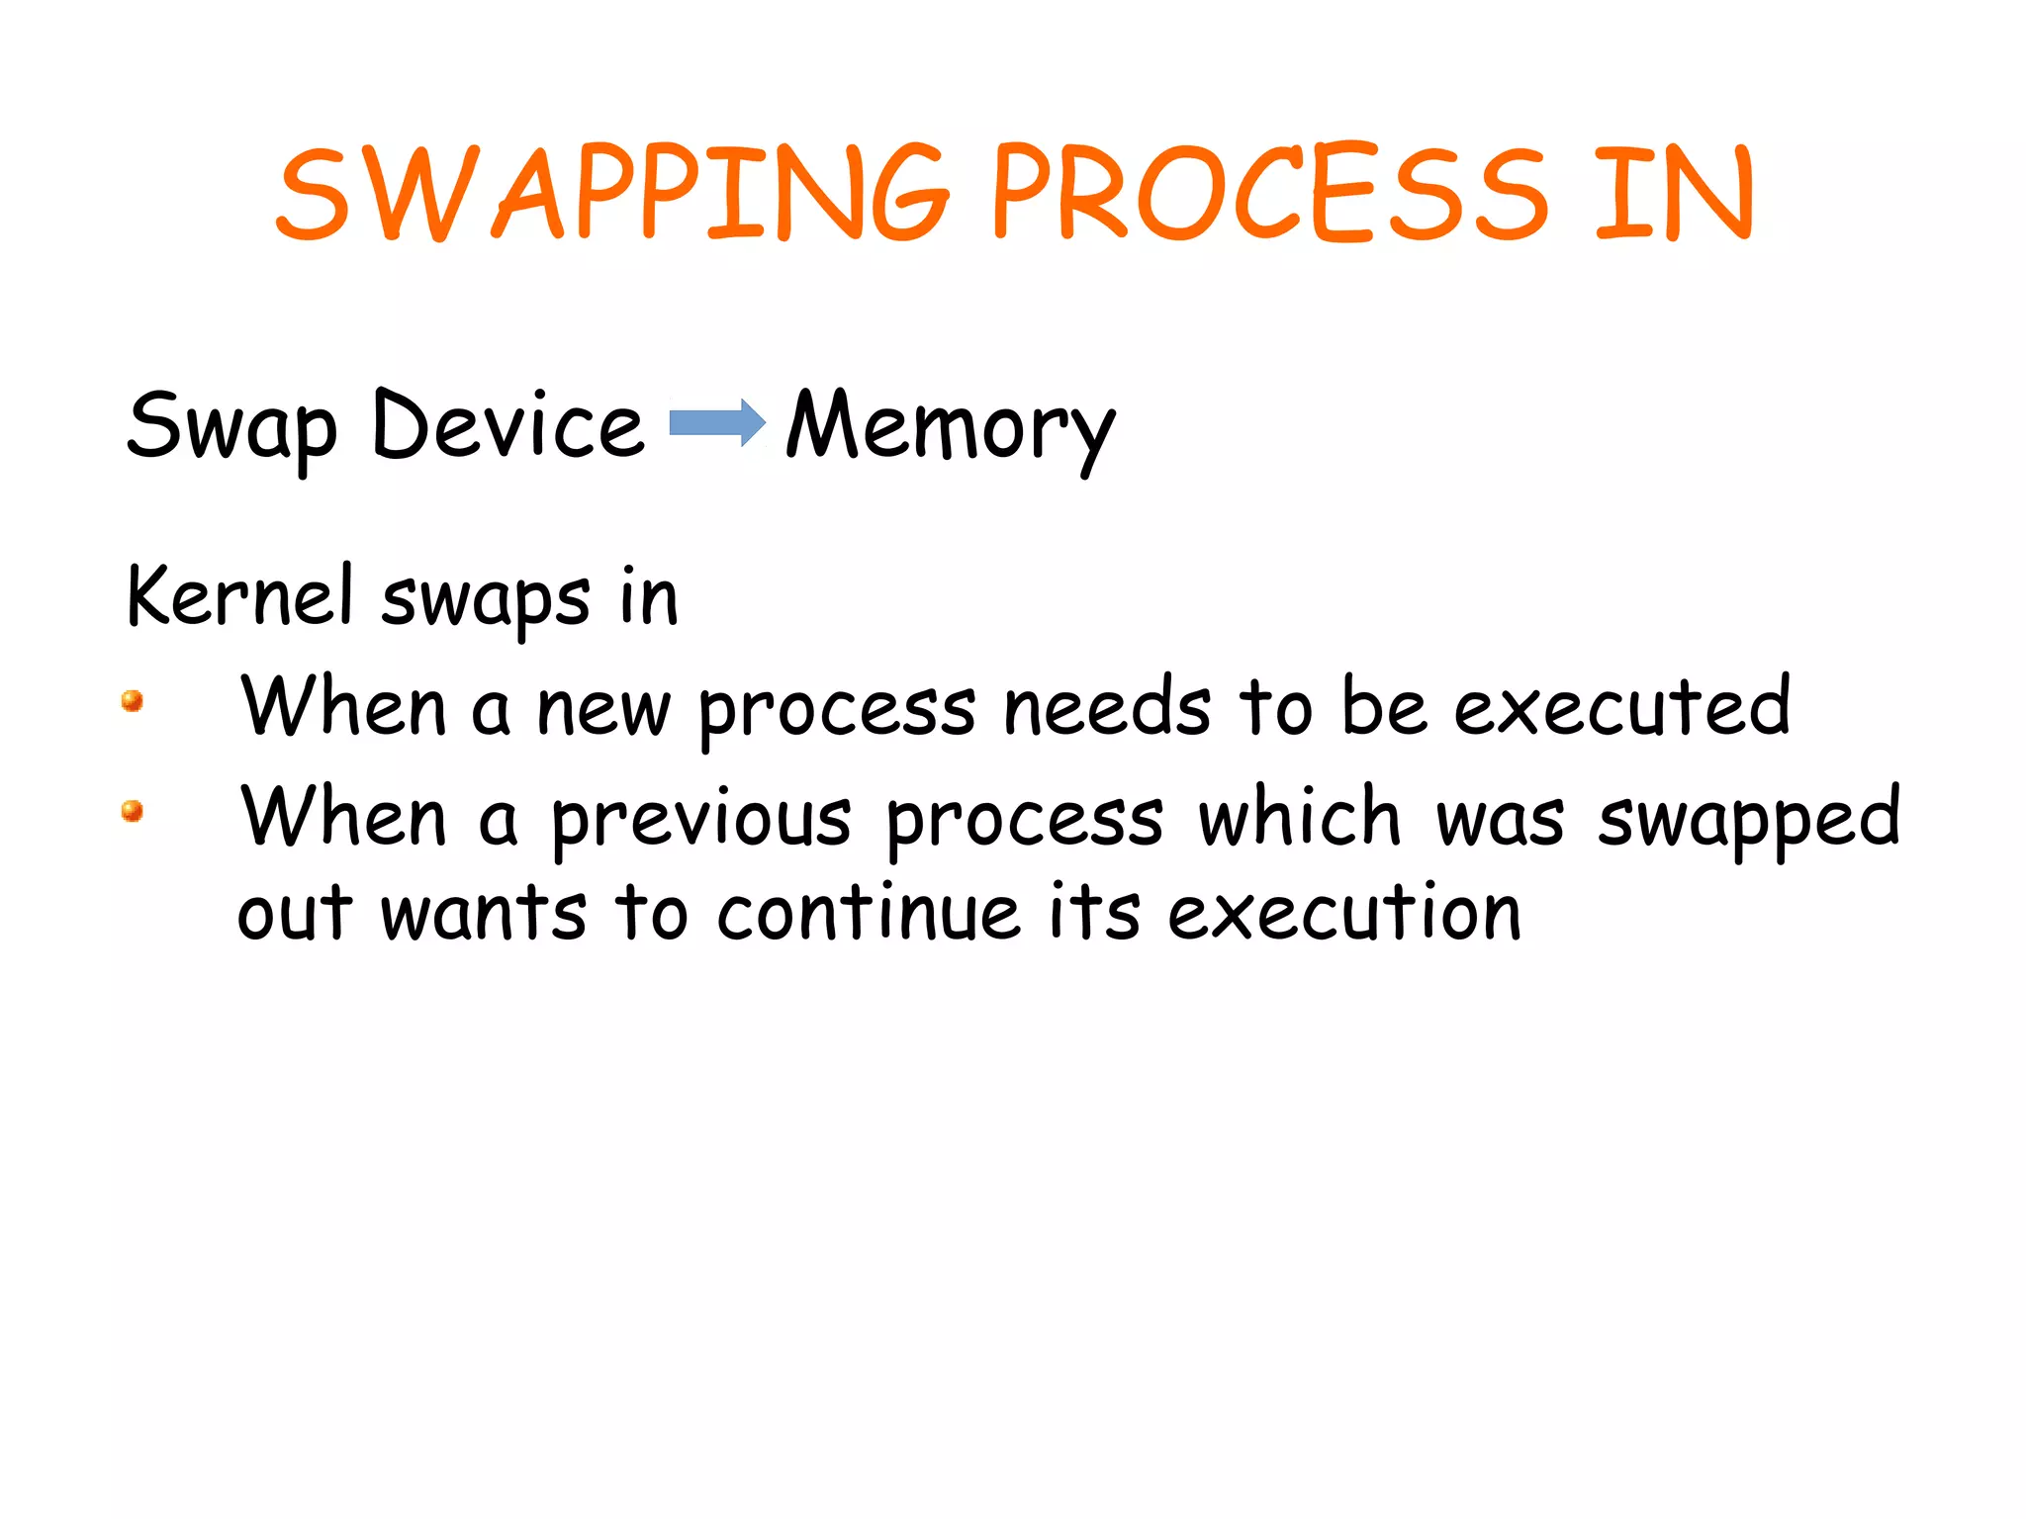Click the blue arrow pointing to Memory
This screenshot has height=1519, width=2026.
[x=717, y=423]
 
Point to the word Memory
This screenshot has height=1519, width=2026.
[x=950, y=427]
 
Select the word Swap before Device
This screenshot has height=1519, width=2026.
[x=232, y=427]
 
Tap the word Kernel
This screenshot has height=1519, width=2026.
[x=240, y=596]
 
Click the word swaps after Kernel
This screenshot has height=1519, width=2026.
[x=486, y=599]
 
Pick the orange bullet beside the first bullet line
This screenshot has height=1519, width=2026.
[x=133, y=701]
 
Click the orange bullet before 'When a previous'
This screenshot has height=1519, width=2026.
[x=133, y=811]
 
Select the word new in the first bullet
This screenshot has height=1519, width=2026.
[x=603, y=710]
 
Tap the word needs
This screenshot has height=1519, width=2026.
[x=1107, y=708]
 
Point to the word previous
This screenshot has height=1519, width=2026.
[x=700, y=819]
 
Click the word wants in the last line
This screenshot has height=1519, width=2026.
[x=484, y=914]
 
